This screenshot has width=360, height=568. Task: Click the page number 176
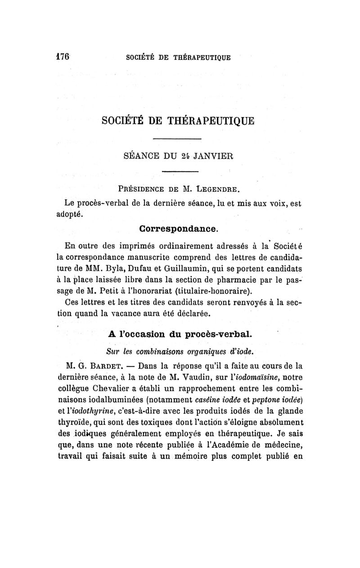point(62,57)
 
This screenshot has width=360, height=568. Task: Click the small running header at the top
point(178,57)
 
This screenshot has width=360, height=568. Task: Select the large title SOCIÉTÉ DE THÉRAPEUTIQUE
point(178,121)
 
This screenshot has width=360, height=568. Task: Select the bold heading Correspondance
point(179,229)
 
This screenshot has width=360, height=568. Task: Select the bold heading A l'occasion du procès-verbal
point(179,334)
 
